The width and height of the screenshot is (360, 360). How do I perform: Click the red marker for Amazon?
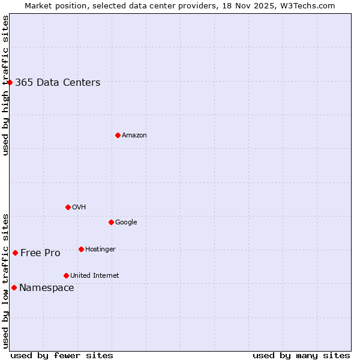click(x=118, y=135)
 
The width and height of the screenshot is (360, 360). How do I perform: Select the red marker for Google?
click(x=111, y=222)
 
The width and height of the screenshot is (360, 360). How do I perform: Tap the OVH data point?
click(x=68, y=207)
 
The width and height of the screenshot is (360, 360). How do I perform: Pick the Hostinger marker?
click(x=81, y=249)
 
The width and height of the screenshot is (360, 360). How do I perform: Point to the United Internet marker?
click(x=66, y=275)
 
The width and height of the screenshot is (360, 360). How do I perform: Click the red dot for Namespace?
click(x=14, y=287)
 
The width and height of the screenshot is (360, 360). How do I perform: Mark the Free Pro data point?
click(x=15, y=253)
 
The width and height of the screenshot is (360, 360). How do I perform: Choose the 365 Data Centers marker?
click(x=10, y=82)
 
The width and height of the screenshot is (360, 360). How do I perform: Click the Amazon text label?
click(x=134, y=136)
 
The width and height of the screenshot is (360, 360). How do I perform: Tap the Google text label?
click(x=126, y=223)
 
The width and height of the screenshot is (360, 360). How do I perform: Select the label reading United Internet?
click(x=95, y=276)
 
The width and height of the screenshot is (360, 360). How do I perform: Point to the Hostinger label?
click(x=100, y=250)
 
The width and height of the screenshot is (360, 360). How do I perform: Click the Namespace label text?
click(x=47, y=288)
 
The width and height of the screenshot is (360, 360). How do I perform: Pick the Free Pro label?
click(x=40, y=253)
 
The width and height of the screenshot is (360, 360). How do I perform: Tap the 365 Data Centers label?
click(x=58, y=83)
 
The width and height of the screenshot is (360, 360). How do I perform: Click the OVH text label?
click(x=79, y=208)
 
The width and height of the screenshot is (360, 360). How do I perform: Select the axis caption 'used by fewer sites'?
click(x=62, y=355)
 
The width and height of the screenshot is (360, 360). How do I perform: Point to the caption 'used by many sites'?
click(x=301, y=355)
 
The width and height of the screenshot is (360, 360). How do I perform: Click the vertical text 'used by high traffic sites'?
click(x=5, y=85)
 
